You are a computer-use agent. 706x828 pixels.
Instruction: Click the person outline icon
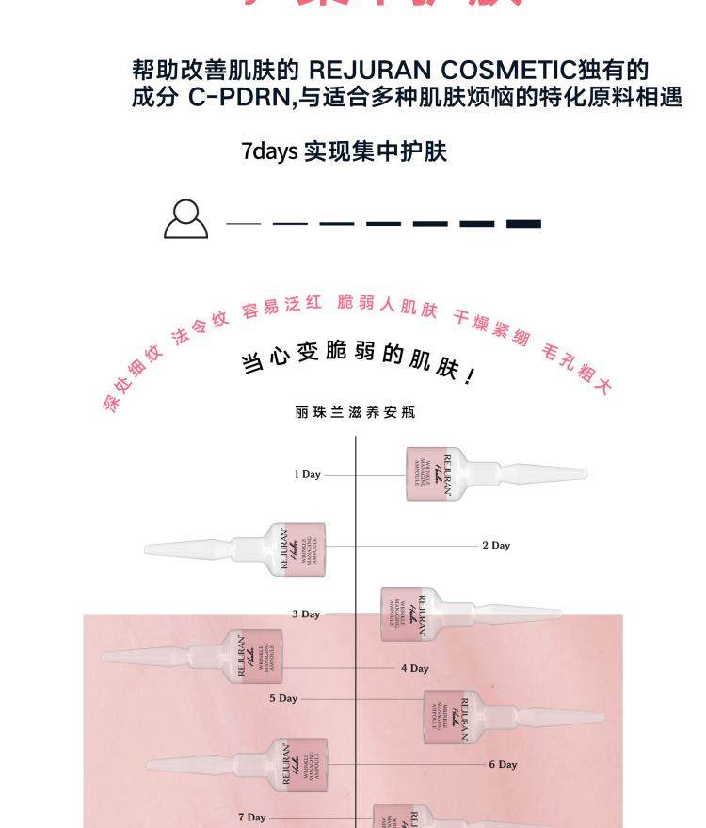[185, 219]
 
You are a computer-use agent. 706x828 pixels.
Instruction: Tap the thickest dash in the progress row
[523, 224]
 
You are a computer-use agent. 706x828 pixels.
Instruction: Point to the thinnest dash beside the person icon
[243, 224]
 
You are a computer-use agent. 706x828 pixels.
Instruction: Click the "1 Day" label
[307, 474]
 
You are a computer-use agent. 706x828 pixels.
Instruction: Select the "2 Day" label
[496, 545]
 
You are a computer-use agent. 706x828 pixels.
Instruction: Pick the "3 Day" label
[306, 613]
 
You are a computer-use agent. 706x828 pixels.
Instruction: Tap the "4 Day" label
[415, 668]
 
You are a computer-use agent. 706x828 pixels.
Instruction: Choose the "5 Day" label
[283, 698]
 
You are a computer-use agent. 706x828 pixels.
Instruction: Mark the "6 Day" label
[504, 764]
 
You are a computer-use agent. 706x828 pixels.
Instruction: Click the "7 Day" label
[251, 817]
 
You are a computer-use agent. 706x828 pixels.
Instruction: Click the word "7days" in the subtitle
[268, 151]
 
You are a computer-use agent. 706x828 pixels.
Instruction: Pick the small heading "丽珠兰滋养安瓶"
[355, 412]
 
